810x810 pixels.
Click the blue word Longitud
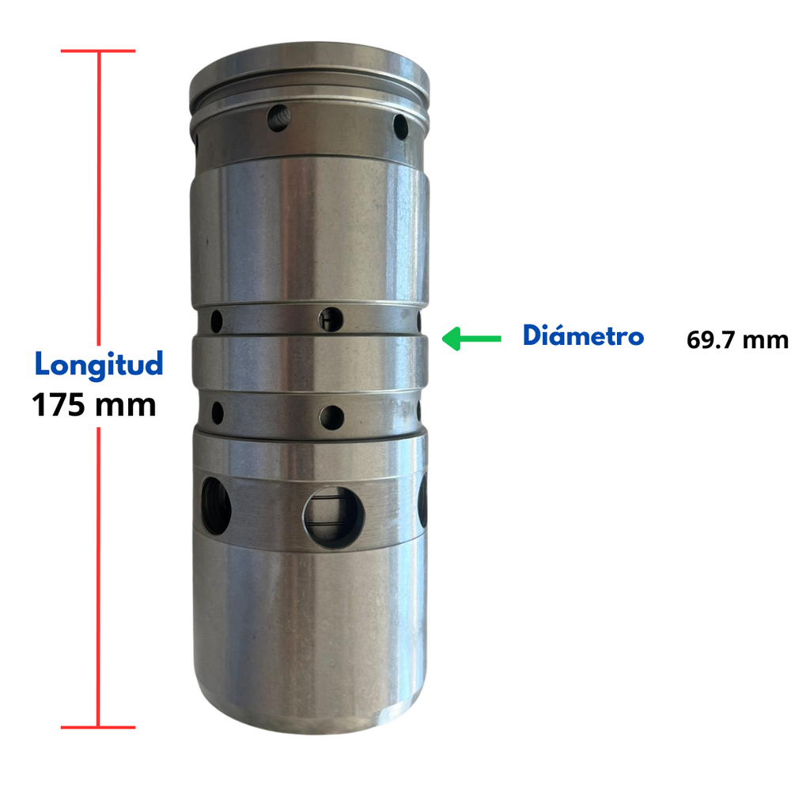click(x=99, y=365)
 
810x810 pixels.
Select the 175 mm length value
click(x=94, y=404)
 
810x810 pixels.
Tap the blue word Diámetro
click(x=583, y=335)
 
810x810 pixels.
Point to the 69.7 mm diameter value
click(x=737, y=340)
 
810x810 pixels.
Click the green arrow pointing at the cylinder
click(x=471, y=339)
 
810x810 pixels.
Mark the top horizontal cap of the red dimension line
click(x=98, y=51)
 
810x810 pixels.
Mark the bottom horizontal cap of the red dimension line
click(x=98, y=728)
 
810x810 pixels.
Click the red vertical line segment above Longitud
click(x=99, y=199)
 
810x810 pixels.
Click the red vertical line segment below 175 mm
click(x=98, y=577)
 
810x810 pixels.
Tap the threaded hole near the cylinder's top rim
click(x=279, y=118)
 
